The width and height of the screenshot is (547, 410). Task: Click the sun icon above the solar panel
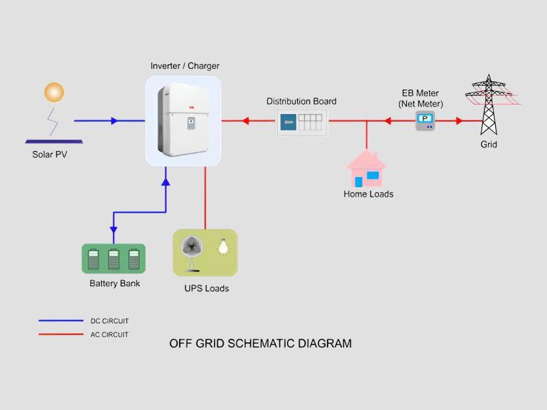(x=54, y=92)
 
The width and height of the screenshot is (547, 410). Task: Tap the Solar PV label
(x=50, y=154)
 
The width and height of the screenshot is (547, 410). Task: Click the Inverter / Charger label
(x=185, y=66)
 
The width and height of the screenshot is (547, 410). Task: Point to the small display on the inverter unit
(x=191, y=124)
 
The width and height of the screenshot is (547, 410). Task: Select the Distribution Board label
(x=302, y=101)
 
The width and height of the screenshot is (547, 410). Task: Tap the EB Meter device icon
(x=425, y=121)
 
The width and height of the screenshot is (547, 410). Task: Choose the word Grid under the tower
(x=488, y=145)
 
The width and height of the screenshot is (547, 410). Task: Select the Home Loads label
(x=368, y=194)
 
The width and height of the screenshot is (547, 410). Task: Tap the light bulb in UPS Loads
(x=222, y=246)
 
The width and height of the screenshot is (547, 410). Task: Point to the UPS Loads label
(x=206, y=288)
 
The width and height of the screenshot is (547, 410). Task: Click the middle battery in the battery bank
(x=114, y=259)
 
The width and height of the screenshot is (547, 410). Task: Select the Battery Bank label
(x=115, y=284)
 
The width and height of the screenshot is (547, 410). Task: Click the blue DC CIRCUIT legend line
(x=60, y=320)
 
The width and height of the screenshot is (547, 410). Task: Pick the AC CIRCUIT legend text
(x=109, y=335)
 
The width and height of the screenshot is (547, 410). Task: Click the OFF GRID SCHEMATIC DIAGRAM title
(x=261, y=344)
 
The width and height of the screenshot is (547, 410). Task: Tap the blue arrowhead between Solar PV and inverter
(x=114, y=121)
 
